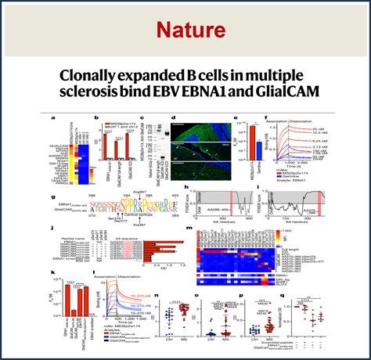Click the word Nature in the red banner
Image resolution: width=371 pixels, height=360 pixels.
coord(185,30)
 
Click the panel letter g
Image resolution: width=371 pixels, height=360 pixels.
coord(52,196)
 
